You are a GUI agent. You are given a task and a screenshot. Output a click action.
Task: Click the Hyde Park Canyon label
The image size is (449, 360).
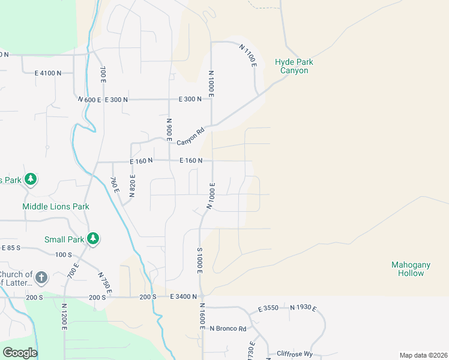294,66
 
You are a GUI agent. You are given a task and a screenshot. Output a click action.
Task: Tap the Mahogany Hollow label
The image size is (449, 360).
408,269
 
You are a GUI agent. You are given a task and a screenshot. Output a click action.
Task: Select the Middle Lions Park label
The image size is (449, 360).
56,206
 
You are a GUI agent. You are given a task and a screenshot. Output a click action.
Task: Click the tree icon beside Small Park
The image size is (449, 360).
92,239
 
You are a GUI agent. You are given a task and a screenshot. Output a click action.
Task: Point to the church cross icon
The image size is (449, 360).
41,277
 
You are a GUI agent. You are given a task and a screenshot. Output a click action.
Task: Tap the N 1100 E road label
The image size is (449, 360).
248,55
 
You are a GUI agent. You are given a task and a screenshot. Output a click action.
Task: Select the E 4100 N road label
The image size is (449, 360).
48,73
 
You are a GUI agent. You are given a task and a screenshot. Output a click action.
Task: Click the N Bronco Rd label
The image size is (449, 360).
228,329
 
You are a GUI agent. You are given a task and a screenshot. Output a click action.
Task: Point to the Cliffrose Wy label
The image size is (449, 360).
295,354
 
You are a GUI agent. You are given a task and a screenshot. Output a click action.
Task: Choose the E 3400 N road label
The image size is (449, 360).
185,296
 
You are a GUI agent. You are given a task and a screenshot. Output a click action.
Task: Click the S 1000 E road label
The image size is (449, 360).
199,260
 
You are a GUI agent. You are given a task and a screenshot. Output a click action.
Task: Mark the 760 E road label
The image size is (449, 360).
115,185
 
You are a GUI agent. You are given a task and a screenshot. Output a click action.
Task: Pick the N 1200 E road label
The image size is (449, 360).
64,316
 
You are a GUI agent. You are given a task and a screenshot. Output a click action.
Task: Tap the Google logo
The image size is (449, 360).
20,353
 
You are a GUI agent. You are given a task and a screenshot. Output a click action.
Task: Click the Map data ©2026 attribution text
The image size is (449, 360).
423,355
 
